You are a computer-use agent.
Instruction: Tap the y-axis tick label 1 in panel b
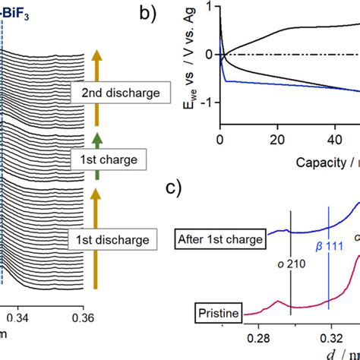(208, 10)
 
